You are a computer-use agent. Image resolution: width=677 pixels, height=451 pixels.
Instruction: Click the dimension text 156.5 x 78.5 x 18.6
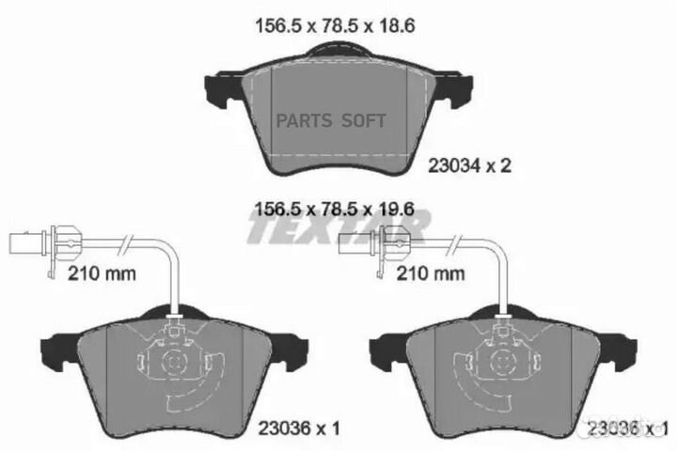coord(336,27)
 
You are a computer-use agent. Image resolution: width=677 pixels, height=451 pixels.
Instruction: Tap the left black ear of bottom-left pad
coord(49,353)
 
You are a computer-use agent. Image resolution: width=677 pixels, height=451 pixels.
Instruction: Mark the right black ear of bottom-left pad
coord(299,353)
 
